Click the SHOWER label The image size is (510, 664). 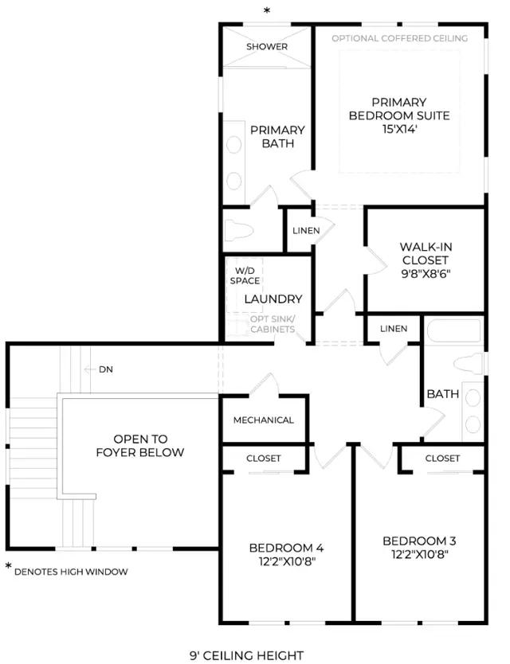267,46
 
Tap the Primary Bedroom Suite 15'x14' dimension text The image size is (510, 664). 399,129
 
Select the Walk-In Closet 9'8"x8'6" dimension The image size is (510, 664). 426,274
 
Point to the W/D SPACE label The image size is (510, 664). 245,275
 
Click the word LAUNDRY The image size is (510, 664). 273,299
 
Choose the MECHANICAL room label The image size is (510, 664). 263,420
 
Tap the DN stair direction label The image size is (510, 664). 106,369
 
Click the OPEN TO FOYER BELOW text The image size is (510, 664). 140,446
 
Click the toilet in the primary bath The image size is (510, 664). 238,230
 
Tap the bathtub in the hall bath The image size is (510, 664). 453,330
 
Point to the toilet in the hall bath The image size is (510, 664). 469,364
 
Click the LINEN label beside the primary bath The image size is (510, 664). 306,231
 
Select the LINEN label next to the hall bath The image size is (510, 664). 394,329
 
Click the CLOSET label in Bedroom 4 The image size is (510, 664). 263,459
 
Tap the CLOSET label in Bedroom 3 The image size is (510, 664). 442,459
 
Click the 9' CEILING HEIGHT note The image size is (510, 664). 246,656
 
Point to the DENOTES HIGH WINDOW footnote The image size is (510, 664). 71,572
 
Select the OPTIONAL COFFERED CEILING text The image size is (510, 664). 399,38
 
